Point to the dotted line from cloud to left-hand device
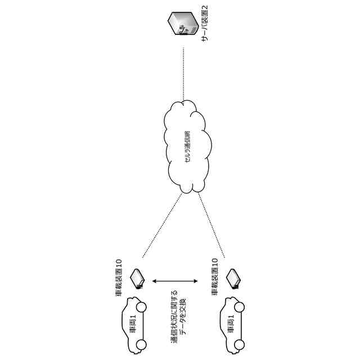coord(162,225)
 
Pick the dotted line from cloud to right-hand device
coord(211,225)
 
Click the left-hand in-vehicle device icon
coord(137,278)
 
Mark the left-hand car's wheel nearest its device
coord(141,308)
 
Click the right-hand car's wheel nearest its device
coord(239,307)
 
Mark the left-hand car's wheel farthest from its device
coord(141,344)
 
